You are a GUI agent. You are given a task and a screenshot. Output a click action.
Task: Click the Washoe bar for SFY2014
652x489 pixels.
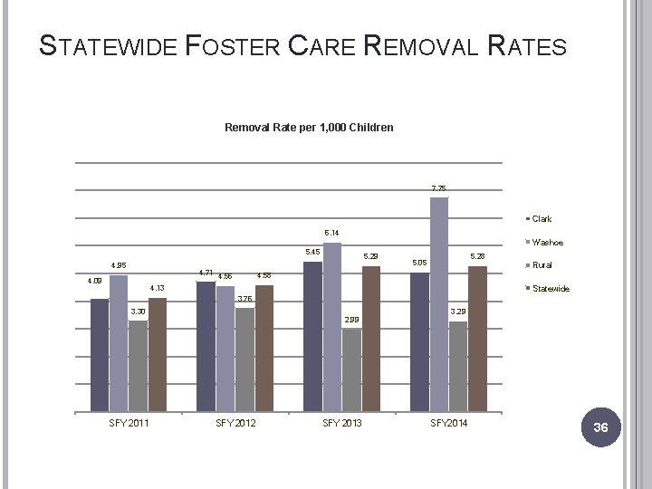[x=439, y=303]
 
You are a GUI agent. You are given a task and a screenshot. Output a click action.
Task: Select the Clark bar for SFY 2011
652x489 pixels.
[x=100, y=354]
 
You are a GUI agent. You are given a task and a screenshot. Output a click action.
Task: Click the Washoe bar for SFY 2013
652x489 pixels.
[x=332, y=326]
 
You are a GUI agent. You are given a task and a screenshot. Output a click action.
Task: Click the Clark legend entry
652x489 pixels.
[x=541, y=219]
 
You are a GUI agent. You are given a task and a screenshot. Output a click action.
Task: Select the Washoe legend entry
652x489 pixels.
[x=546, y=243]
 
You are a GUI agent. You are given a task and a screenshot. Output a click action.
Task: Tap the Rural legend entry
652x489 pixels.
[x=542, y=265]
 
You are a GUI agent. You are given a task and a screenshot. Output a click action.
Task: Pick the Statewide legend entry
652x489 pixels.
[x=549, y=289]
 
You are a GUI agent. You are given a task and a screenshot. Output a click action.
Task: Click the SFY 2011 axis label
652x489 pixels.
[x=128, y=424]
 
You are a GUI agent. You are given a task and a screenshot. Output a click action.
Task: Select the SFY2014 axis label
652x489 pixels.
[x=448, y=424]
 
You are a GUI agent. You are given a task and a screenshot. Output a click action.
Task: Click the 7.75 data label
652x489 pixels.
[x=438, y=188]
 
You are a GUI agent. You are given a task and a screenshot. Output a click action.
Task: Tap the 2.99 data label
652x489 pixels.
[x=352, y=320]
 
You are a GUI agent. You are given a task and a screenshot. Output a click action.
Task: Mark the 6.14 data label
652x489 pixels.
[x=332, y=233]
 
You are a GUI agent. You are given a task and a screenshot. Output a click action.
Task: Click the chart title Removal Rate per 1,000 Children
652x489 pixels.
[x=308, y=128]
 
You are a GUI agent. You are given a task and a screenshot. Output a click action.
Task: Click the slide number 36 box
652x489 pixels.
[x=599, y=427]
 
